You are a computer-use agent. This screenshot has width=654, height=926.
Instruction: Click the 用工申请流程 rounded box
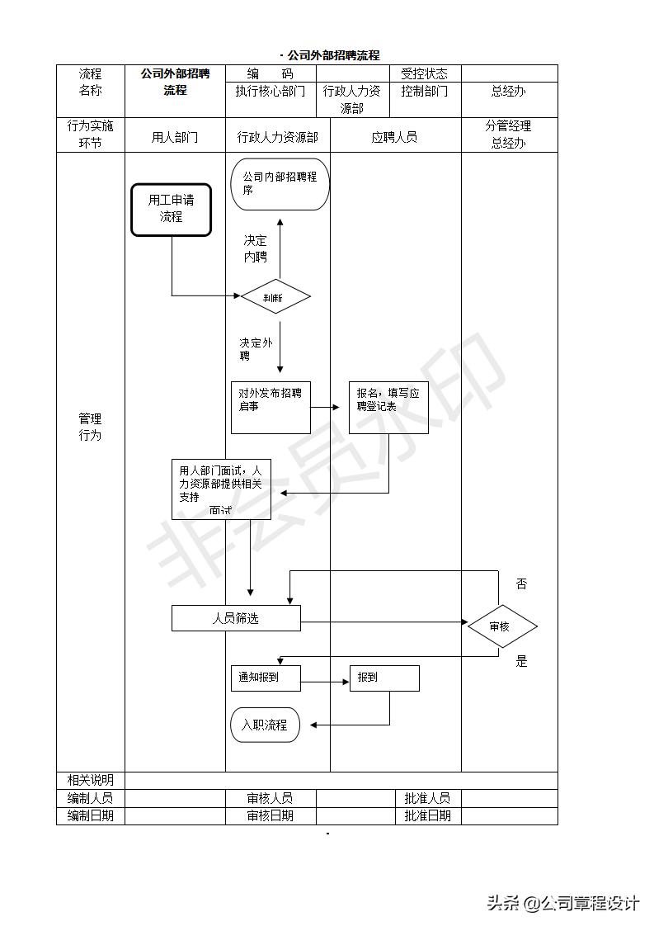[x=171, y=210]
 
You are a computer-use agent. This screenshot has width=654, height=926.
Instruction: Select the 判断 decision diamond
[x=275, y=297]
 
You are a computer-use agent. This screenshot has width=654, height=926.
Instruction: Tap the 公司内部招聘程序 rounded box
[x=280, y=184]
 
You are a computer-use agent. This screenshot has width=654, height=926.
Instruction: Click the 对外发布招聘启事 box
[x=271, y=407]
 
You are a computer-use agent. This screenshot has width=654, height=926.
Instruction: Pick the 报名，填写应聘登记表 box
[x=388, y=407]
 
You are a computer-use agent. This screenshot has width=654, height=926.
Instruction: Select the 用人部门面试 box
[x=221, y=489]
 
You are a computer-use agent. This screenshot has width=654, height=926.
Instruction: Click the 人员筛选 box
[x=236, y=618]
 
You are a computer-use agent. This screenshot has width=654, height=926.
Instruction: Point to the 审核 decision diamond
[x=501, y=626]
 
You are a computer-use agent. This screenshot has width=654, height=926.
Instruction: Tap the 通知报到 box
[x=266, y=678]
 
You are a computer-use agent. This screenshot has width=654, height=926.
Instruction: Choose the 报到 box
[x=384, y=678]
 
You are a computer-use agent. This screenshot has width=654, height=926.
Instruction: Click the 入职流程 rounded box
[x=265, y=725]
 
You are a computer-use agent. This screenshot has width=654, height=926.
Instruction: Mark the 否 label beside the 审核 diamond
[x=521, y=584]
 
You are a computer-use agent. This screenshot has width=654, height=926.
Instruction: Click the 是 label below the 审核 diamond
[x=521, y=661]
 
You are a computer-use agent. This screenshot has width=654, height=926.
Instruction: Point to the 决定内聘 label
[x=255, y=248]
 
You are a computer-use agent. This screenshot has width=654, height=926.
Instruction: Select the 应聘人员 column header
[x=394, y=137]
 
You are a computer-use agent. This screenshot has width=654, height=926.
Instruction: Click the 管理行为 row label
[x=90, y=427]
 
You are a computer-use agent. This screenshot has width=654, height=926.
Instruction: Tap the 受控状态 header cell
[x=424, y=73]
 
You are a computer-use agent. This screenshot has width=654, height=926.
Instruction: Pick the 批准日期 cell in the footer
[x=427, y=815]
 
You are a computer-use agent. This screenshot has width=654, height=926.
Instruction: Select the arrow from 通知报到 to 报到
[x=326, y=682]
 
